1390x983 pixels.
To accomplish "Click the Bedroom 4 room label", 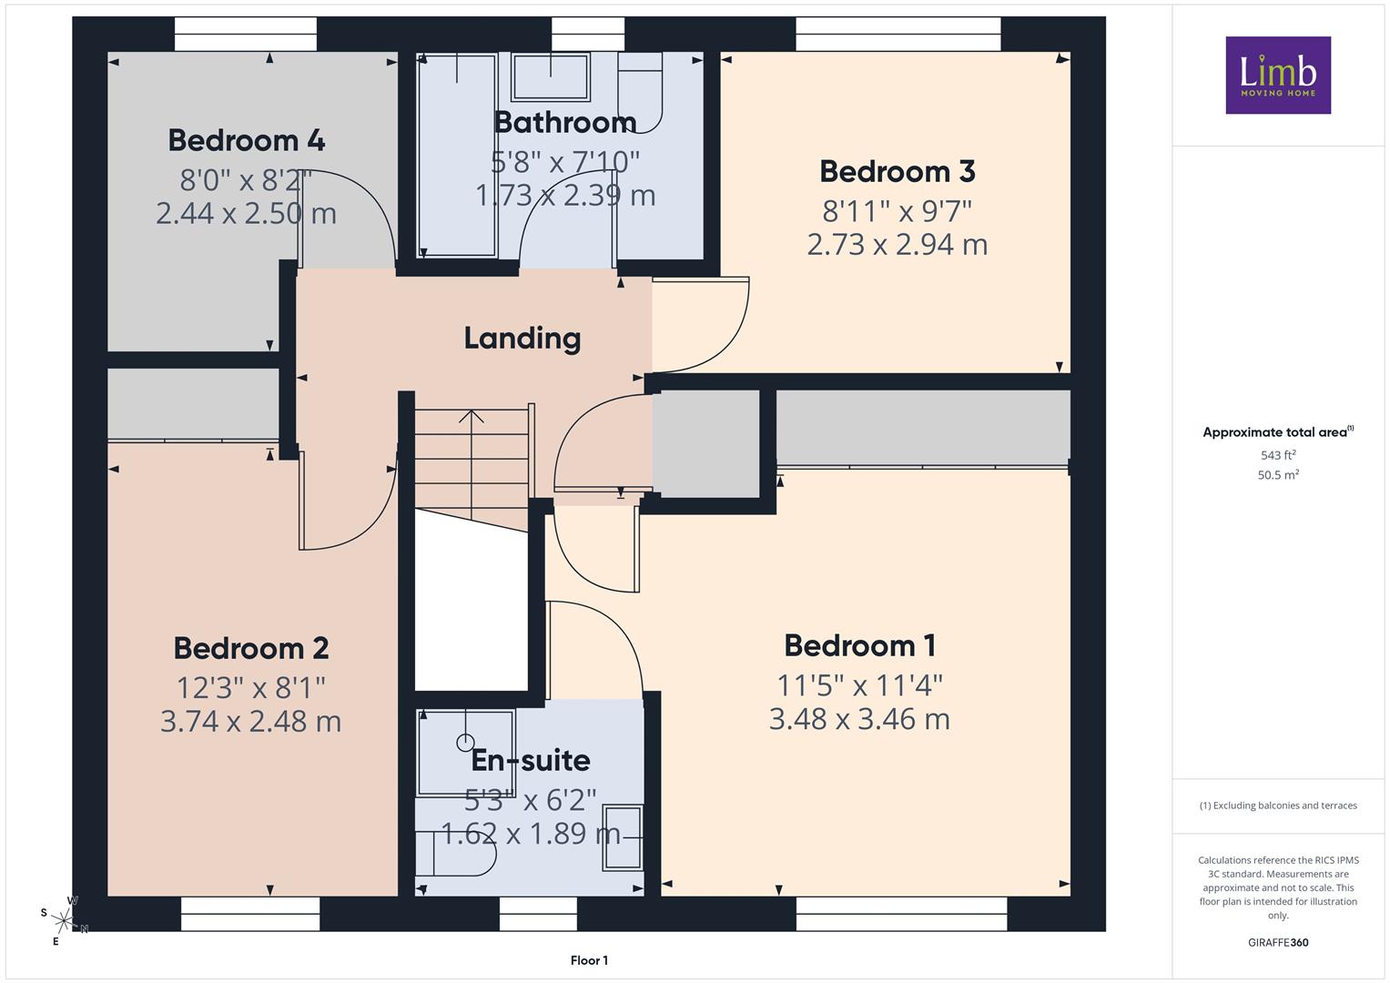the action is pyautogui.click(x=247, y=140).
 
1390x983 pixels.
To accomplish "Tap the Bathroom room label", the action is pyautogui.click(x=565, y=122).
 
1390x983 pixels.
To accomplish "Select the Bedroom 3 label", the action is pyautogui.click(x=898, y=171).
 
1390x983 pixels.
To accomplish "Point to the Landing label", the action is pyautogui.click(x=523, y=339).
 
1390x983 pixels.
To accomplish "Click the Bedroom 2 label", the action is pyautogui.click(x=250, y=648).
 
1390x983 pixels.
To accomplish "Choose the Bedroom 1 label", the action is pyautogui.click(x=860, y=646).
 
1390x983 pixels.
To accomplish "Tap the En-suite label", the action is pyautogui.click(x=531, y=760).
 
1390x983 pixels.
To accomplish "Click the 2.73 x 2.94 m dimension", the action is pyautogui.click(x=898, y=245).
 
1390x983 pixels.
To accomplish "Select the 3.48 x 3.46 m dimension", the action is pyautogui.click(x=859, y=719).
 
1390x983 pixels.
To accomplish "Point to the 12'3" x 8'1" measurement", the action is pyautogui.click(x=250, y=687).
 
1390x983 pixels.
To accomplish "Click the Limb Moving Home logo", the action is pyautogui.click(x=1278, y=75).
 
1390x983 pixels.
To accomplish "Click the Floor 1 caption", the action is pyautogui.click(x=589, y=960).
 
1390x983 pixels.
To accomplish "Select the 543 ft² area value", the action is pyautogui.click(x=1278, y=455).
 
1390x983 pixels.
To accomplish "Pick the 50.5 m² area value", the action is pyautogui.click(x=1278, y=475).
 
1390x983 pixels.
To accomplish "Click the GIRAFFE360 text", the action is pyautogui.click(x=1278, y=942).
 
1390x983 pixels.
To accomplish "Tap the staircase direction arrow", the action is pyautogui.click(x=472, y=465).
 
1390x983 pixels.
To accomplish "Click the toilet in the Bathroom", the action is pyautogui.click(x=641, y=93).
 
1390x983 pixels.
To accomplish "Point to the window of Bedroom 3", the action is pyautogui.click(x=898, y=34).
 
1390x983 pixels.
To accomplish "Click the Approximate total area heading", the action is pyautogui.click(x=1278, y=432).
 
